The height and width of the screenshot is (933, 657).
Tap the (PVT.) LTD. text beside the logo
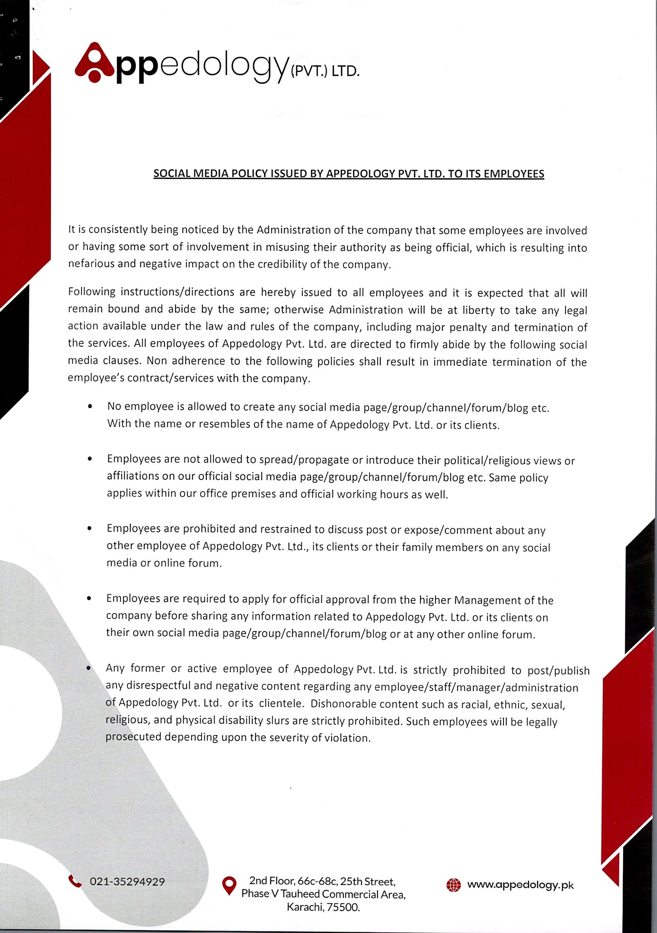coord(325,71)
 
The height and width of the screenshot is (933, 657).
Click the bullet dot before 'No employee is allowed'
coord(90,406)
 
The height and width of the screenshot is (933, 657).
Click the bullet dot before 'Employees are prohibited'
coord(89,528)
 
